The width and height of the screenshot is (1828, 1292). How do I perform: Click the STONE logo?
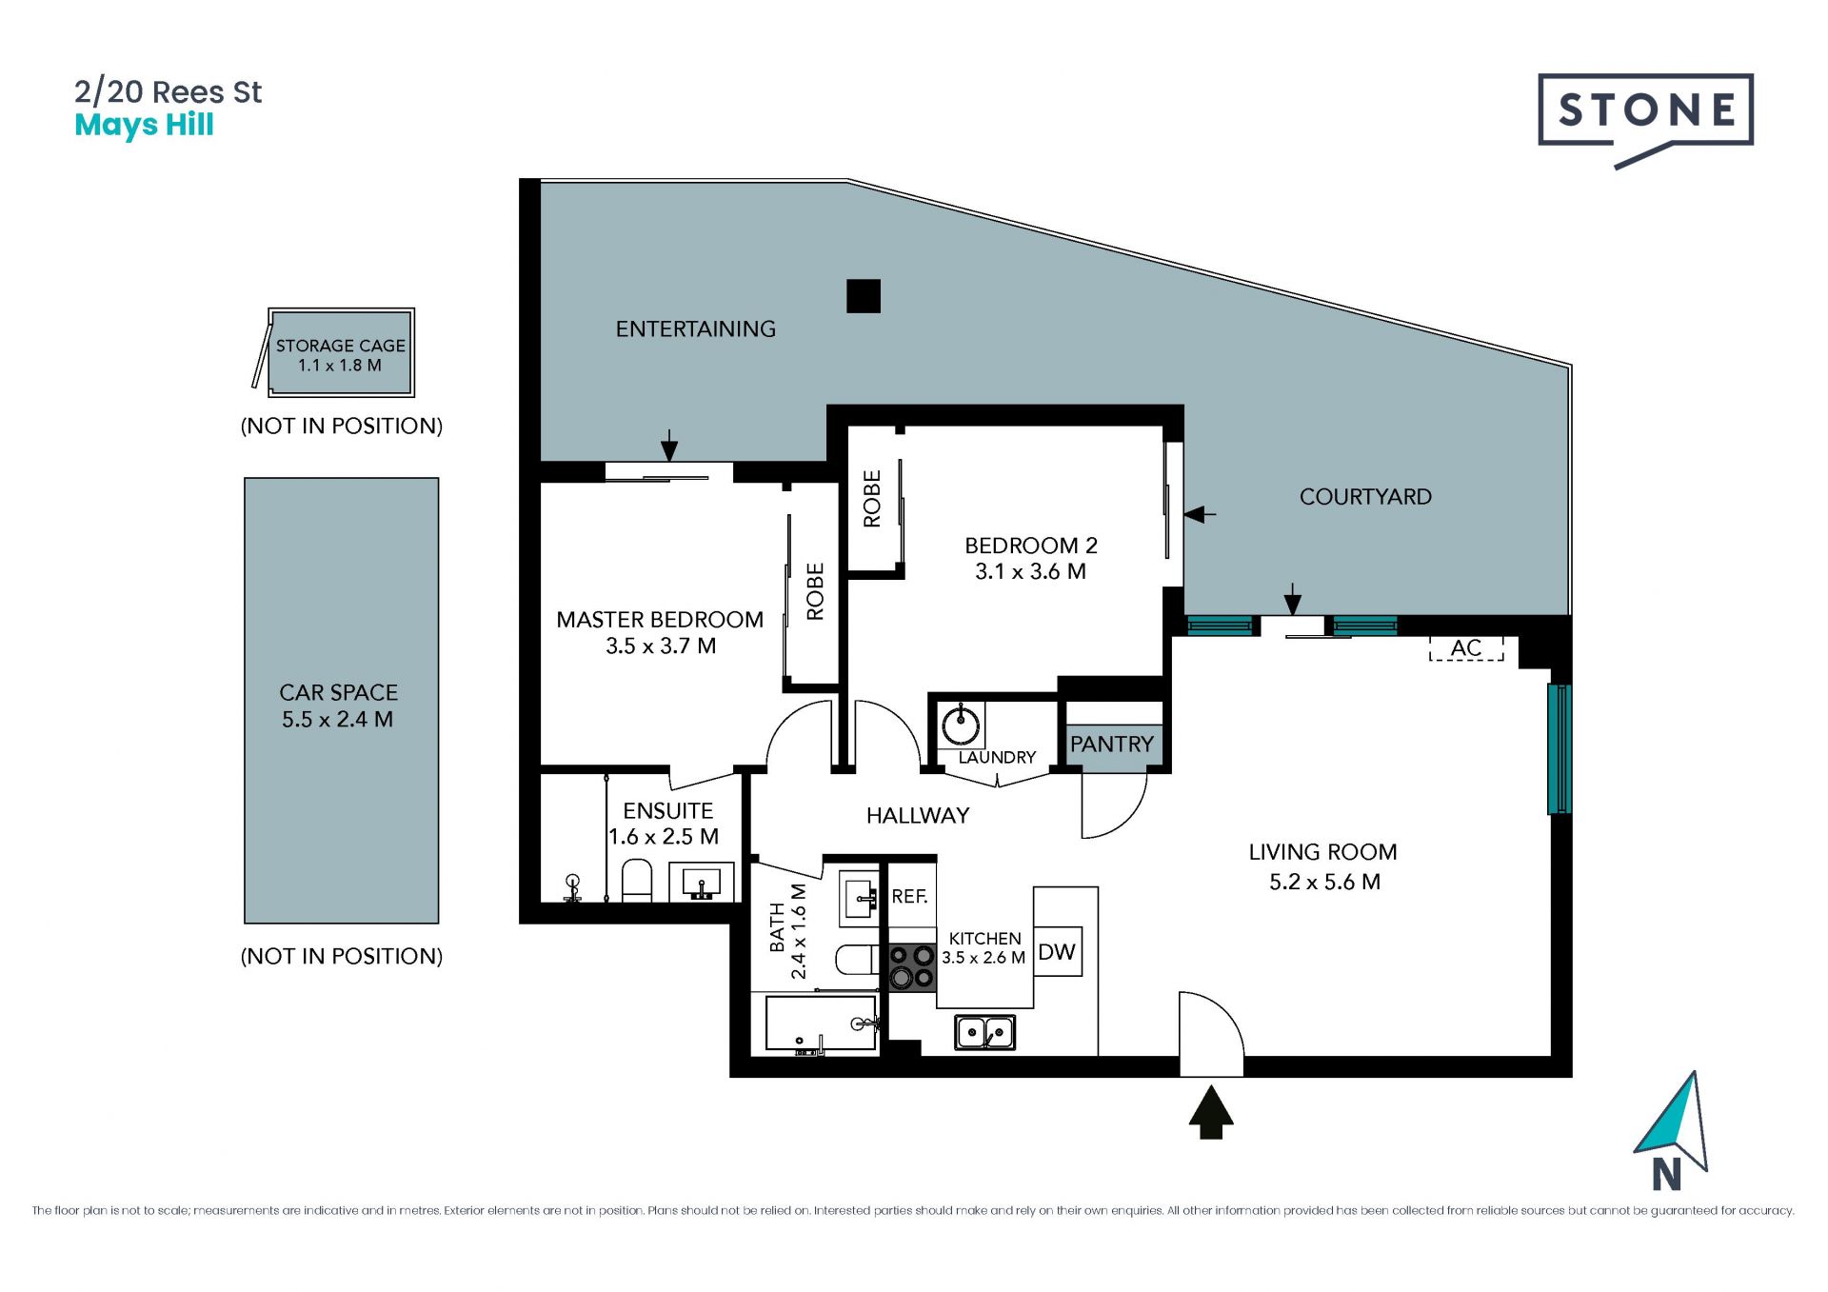(1645, 114)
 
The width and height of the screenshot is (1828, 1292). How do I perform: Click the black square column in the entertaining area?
(864, 296)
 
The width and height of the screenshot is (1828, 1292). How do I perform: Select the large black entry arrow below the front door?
(1211, 1112)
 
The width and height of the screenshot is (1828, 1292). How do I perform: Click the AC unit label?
(1466, 648)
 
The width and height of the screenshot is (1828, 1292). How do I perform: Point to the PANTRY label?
(1112, 744)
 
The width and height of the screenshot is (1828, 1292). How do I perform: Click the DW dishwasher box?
(1057, 951)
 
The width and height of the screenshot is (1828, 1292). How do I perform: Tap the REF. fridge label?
(909, 896)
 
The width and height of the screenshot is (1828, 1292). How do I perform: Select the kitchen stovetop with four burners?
(912, 966)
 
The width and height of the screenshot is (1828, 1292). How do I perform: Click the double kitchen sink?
(984, 1032)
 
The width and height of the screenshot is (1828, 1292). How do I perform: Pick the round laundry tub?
(961, 726)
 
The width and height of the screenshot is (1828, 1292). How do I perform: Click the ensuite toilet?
(637, 881)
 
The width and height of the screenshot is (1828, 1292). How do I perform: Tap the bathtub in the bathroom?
(821, 1024)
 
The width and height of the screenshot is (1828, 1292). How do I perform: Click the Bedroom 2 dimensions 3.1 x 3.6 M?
(1030, 571)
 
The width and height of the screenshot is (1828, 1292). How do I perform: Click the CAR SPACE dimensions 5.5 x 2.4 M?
(337, 719)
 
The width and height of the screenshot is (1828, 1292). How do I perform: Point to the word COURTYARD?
(1365, 496)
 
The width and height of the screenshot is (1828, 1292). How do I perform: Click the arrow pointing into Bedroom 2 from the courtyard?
(1200, 514)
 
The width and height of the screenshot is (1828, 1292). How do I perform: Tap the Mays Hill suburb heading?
(144, 126)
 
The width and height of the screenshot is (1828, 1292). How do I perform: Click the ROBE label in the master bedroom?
(815, 591)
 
